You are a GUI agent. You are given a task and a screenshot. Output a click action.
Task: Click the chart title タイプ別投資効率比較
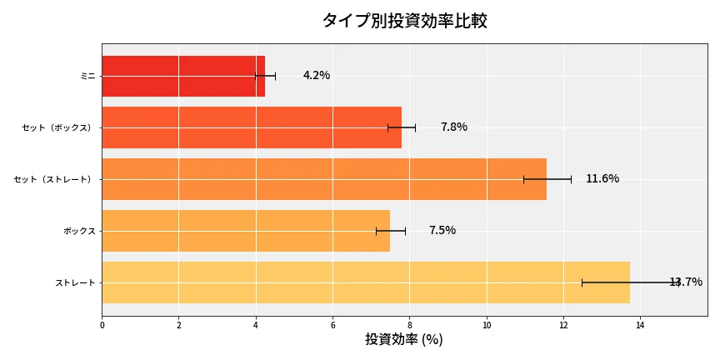point(404,21)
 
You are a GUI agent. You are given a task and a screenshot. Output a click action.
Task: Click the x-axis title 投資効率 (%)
point(404,340)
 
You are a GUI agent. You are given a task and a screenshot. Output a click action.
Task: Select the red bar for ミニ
point(183,76)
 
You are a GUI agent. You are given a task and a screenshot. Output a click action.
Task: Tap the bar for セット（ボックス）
point(252,127)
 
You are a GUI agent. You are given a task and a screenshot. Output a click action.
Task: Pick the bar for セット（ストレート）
point(324,179)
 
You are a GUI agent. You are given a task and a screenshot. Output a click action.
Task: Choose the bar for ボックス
point(246,231)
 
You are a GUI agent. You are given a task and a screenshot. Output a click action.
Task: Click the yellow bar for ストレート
point(366,282)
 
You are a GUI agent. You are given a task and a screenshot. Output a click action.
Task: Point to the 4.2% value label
point(317,76)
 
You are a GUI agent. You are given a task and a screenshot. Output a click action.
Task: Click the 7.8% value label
point(454,127)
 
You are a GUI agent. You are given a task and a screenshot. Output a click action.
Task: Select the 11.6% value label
point(602,179)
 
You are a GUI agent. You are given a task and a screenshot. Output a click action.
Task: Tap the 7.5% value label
point(442,231)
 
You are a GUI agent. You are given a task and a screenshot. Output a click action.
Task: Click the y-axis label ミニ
point(87,76)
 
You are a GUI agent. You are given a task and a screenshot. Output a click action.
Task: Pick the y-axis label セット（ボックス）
point(58,127)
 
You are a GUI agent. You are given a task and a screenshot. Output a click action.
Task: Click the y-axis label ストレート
point(75,282)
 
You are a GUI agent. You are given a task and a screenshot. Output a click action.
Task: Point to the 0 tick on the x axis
point(102,325)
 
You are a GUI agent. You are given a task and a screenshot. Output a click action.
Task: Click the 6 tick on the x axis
point(332,325)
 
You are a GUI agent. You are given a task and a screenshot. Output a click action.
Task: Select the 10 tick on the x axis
point(487,325)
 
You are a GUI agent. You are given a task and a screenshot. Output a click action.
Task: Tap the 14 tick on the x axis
point(640,325)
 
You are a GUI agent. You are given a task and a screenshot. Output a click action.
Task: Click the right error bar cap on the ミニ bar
point(275,76)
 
